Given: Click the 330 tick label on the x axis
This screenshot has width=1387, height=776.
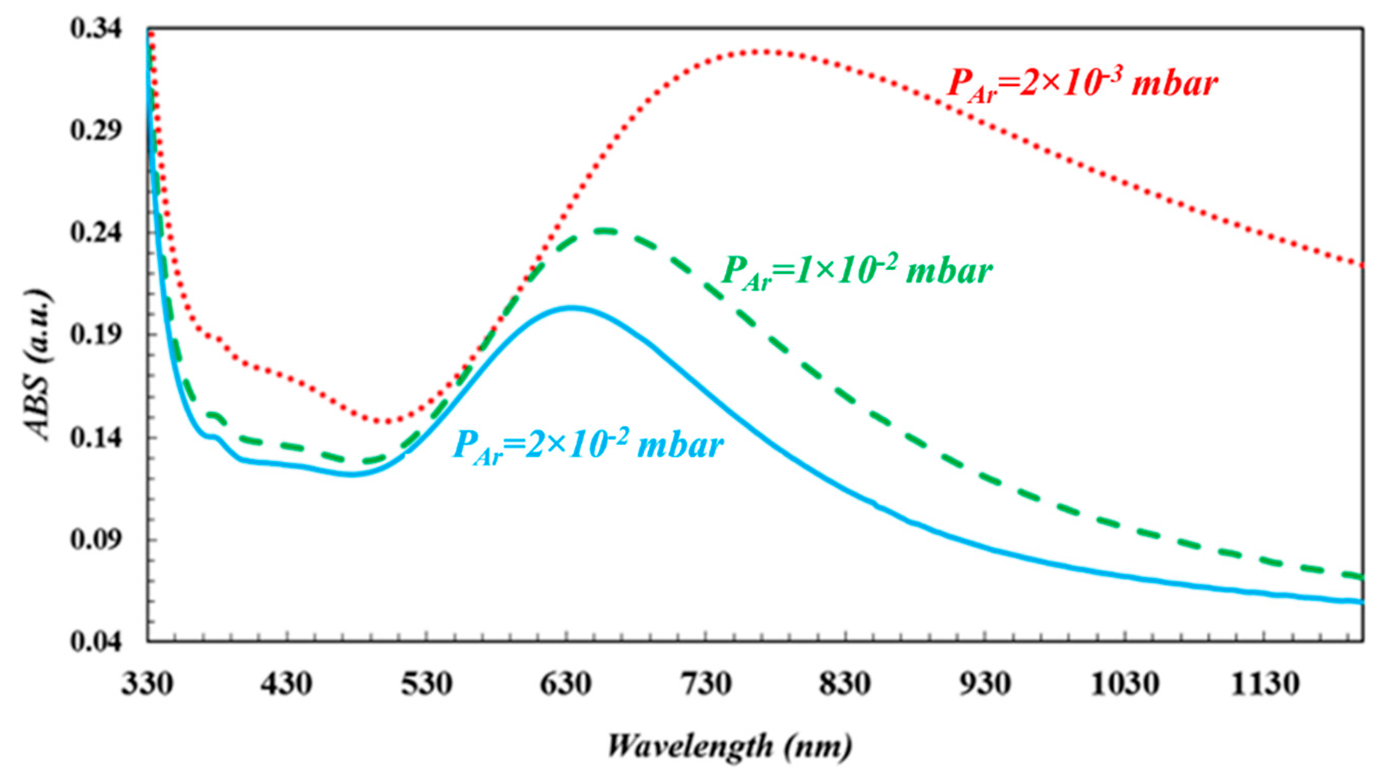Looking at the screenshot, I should (146, 685).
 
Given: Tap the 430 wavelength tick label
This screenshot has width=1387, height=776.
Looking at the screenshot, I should (286, 685).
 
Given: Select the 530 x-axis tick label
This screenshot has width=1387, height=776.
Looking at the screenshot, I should (426, 685).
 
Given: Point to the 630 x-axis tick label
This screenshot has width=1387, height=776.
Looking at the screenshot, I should (566, 685).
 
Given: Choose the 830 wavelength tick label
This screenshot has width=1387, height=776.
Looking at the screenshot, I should (845, 685).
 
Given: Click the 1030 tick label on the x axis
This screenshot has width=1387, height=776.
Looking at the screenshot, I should (1124, 685).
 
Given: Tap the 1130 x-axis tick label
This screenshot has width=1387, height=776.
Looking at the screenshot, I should (1265, 685).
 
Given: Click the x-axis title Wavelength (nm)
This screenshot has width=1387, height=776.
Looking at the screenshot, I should (729, 747).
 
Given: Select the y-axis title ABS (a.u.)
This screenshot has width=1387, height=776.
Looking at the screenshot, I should (37, 366).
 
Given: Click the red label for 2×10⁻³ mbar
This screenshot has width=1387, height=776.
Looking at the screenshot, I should (1082, 85).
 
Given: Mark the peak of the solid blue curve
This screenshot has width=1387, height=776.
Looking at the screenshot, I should (572, 308).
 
